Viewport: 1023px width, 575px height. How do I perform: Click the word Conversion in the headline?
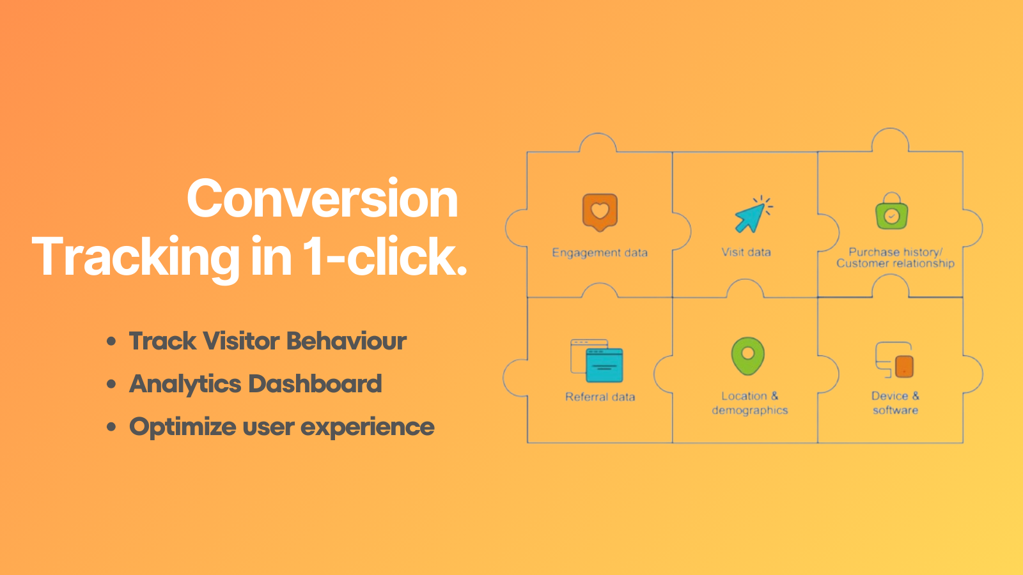tap(322, 199)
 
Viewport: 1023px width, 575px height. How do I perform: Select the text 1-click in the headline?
tap(384, 257)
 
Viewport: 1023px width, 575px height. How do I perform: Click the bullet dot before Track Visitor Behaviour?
tap(112, 341)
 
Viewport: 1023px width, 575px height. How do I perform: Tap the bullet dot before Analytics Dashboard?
tap(112, 384)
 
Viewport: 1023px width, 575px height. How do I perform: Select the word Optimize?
tap(183, 427)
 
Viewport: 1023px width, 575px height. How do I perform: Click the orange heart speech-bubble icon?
tap(600, 212)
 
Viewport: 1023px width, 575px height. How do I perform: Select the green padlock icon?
tap(892, 213)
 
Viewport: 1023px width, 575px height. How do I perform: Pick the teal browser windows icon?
tap(597, 361)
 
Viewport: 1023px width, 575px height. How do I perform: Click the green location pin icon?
tap(747, 356)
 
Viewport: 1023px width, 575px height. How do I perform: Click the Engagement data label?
tap(600, 253)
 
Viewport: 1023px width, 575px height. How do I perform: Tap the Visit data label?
tap(746, 252)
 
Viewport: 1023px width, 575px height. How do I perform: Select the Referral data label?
tap(600, 397)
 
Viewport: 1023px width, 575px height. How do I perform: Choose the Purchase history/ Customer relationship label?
tap(895, 257)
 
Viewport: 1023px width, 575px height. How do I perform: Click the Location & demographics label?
tap(750, 403)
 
